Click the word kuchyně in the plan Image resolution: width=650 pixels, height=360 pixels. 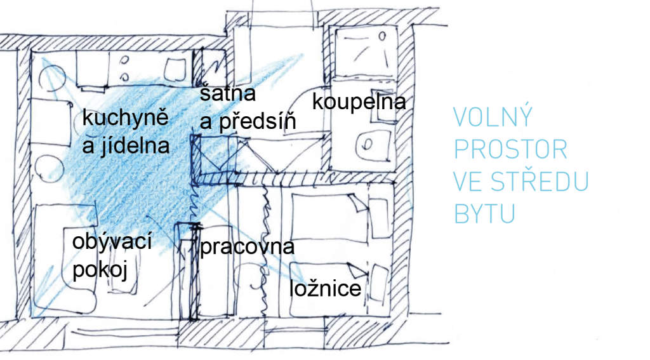pos(125,119)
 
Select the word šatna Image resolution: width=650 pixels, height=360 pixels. pos(228,93)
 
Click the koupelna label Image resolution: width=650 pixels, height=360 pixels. pos(359,102)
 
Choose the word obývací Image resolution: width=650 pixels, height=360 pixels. pos(112,242)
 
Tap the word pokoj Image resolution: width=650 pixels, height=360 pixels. pos(100,270)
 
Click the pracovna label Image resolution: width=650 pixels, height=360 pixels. pos(247,247)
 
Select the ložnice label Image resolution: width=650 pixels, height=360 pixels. pos(326,288)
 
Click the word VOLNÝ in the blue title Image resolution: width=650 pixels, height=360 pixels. pos(493,117)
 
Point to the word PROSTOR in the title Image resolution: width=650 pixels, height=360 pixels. pos(511,149)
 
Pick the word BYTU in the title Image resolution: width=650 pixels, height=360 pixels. pos(484,213)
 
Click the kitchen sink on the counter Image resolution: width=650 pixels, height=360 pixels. pos(175,70)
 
